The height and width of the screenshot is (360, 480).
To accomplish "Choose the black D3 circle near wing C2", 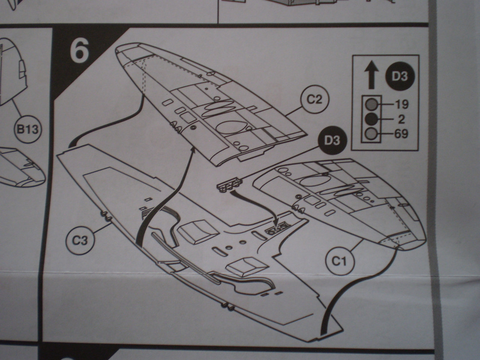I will click(332, 141).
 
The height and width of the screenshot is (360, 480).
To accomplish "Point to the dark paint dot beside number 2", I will click(372, 119).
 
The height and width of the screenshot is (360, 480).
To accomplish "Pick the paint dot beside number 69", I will click(372, 134).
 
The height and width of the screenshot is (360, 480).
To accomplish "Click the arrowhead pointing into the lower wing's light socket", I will click(277, 223).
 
